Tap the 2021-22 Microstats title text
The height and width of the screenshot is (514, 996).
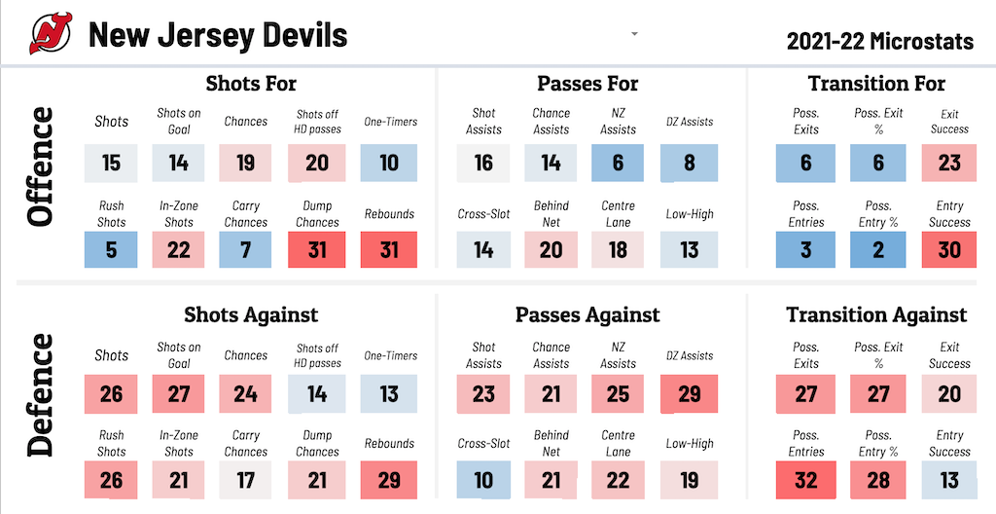click(x=879, y=41)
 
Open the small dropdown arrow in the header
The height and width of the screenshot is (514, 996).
click(x=634, y=34)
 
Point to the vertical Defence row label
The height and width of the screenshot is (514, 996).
click(x=42, y=394)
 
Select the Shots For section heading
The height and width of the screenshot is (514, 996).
click(x=251, y=84)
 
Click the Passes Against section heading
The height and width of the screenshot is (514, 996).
click(x=587, y=314)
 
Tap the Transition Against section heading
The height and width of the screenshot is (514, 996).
click(x=876, y=314)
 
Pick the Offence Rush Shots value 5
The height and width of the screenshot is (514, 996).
click(x=112, y=250)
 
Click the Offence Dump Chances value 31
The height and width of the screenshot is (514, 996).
click(x=317, y=250)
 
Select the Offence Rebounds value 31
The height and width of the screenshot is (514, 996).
click(x=389, y=250)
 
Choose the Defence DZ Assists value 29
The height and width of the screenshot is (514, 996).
click(x=689, y=394)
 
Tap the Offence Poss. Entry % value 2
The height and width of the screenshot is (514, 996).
click(x=878, y=250)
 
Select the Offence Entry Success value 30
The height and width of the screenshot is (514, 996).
click(x=949, y=250)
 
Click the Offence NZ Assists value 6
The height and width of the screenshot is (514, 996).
click(x=619, y=163)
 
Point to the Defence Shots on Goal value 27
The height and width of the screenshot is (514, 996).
click(x=179, y=394)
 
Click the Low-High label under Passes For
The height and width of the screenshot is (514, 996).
click(x=689, y=214)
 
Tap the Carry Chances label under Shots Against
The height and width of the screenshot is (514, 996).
click(x=246, y=443)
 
